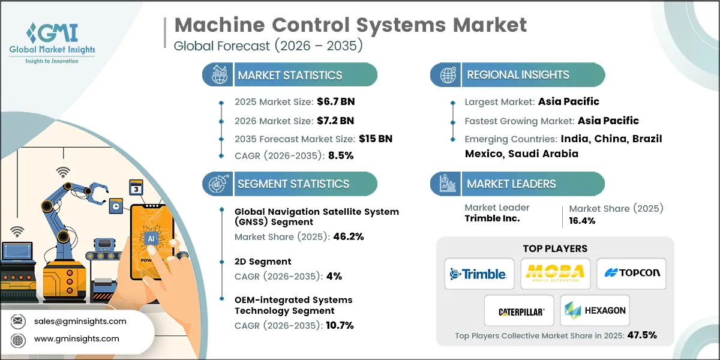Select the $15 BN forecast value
pyautogui.click(x=376, y=139)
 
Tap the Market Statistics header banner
pyautogui.click(x=290, y=75)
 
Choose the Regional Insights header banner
pyautogui.click(x=518, y=75)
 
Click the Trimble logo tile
pyautogui.click(x=479, y=274)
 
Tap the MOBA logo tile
pyautogui.click(x=555, y=274)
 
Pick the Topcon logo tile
pyautogui.click(x=631, y=274)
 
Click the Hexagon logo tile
pyautogui.click(x=595, y=311)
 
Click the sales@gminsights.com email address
pyautogui.click(x=80, y=321)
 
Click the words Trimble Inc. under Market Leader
pyautogui.click(x=492, y=218)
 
